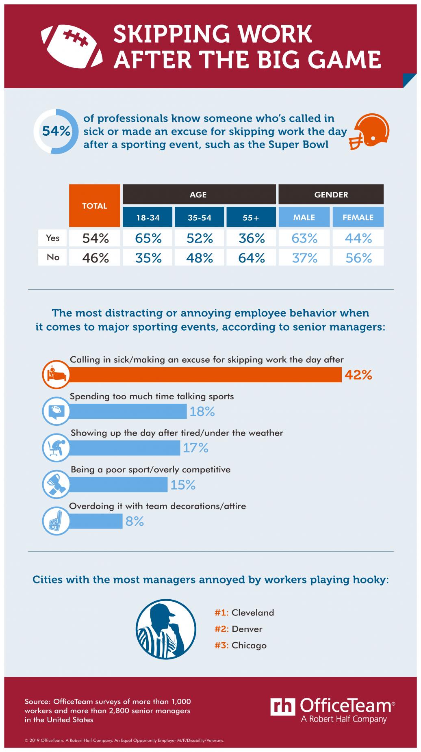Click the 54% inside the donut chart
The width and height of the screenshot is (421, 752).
tap(56, 131)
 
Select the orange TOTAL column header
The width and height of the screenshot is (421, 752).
tap(95, 206)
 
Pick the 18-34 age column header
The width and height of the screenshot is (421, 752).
tap(148, 217)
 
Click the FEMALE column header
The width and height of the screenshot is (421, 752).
tap(358, 217)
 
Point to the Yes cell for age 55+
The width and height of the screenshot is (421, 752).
tap(252, 238)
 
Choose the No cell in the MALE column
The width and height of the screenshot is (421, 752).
tap(304, 258)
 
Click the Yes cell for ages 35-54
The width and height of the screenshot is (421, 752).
tap(200, 238)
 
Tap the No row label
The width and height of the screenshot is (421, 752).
tap(53, 258)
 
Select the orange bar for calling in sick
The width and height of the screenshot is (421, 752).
tap(205, 375)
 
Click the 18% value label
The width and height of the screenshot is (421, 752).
tap(202, 412)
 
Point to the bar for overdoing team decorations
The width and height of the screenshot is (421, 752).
tap(96, 521)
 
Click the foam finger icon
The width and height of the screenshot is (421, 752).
tap(55, 521)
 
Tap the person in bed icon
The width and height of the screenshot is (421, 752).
tap(55, 374)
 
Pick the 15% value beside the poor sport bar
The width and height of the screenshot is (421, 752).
tap(183, 485)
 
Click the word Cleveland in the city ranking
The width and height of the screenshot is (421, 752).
tap(253, 612)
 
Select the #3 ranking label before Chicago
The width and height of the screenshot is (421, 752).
tap(222, 645)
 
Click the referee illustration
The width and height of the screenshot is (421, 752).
tap(166, 630)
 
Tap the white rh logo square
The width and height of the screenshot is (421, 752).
tap(283, 707)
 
